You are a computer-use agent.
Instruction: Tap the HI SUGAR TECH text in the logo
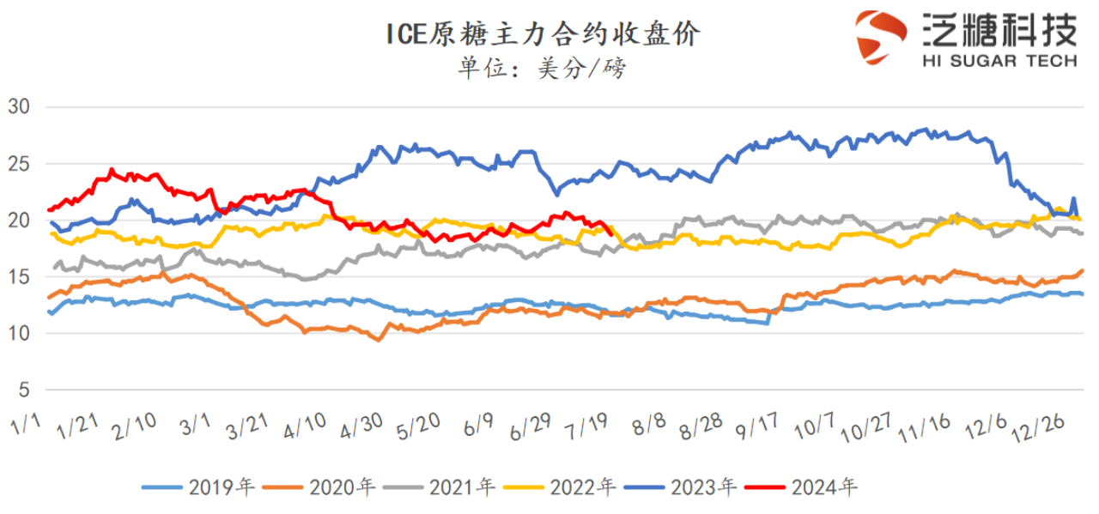click(x=999, y=60)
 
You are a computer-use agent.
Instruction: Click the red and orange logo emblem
click(x=881, y=38)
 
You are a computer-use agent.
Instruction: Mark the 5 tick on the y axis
click(x=24, y=390)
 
